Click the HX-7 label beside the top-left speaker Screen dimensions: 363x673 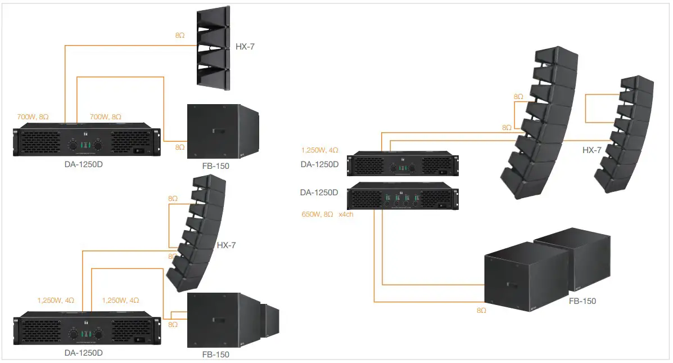245,47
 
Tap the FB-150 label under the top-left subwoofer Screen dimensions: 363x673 216,166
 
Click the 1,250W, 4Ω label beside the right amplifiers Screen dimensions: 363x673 320,150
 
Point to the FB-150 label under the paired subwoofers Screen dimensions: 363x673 582,301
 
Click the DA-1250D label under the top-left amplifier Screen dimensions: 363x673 84,166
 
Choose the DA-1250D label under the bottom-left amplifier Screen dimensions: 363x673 84,353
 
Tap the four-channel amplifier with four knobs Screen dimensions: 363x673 403,198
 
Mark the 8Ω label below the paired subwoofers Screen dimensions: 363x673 481,310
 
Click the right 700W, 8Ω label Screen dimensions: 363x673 105,116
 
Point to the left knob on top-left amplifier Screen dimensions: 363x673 73,145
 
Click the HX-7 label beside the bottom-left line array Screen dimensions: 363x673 226,245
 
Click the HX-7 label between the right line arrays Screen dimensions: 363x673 591,150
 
